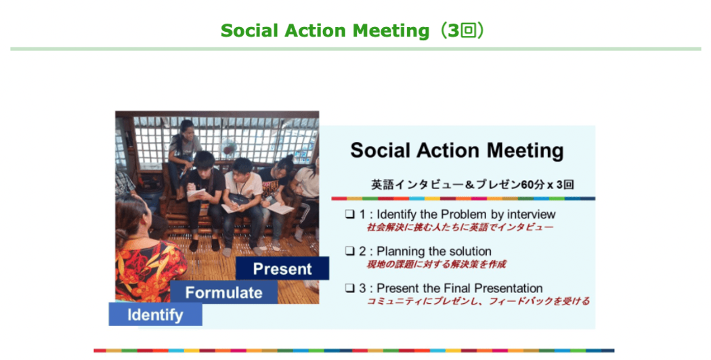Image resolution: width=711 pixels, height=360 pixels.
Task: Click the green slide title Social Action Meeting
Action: pos(324,31)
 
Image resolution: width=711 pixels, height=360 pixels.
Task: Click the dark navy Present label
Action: pos(282,269)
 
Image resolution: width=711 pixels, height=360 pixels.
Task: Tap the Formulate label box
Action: pos(224,292)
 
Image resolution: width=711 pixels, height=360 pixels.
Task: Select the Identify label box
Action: pos(156,314)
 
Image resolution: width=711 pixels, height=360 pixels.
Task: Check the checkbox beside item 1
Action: pos(349,214)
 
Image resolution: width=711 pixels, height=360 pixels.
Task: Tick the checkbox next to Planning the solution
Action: pos(349,251)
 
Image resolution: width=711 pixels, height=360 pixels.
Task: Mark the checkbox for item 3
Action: pos(349,288)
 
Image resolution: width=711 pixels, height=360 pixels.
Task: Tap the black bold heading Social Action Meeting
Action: pos(457,150)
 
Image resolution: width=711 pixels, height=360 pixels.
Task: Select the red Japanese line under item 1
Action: pos(460,227)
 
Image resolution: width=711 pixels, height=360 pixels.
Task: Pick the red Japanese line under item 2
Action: pos(436,265)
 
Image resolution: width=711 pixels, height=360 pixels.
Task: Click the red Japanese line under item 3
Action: pos(478,301)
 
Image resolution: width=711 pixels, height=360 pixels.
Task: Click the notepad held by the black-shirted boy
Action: pos(197,193)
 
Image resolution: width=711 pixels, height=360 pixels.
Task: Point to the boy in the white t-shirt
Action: pos(243,200)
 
